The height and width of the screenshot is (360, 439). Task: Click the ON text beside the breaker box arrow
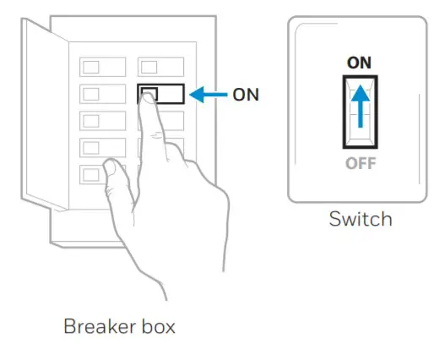point(246,95)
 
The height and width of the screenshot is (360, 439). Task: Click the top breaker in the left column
point(102,67)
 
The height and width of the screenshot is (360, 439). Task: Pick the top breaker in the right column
point(160,67)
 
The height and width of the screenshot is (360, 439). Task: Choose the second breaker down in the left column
point(102,93)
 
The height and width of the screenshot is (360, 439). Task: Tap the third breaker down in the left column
point(102,120)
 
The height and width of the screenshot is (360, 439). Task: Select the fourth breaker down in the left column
point(102,147)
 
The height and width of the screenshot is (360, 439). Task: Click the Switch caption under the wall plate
point(360,219)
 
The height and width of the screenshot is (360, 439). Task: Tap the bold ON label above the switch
point(360,63)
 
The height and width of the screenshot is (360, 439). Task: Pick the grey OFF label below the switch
point(360,163)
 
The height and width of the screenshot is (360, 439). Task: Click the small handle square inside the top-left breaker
point(91,67)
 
